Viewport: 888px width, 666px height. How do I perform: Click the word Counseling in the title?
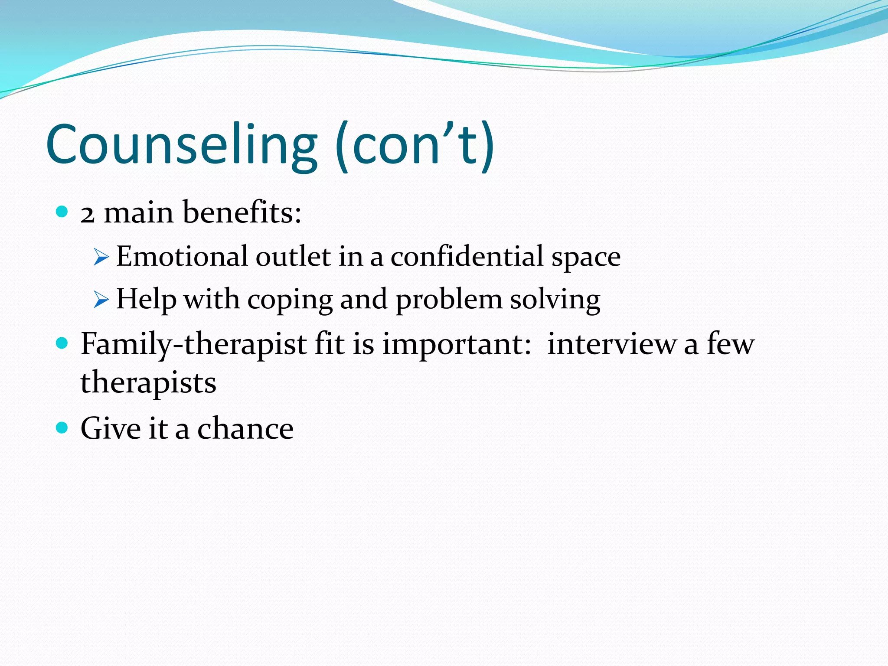click(181, 144)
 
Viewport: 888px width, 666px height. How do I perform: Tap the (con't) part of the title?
click(415, 144)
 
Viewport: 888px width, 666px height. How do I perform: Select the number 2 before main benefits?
click(87, 214)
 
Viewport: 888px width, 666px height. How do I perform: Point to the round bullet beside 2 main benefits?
click(62, 212)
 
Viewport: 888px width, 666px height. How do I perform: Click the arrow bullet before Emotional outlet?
click(101, 257)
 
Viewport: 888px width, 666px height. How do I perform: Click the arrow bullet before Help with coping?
click(101, 300)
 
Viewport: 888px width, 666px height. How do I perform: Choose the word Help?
click(146, 299)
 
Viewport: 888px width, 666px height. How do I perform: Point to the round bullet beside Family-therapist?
click(62, 344)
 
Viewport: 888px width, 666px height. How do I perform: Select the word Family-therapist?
click(193, 345)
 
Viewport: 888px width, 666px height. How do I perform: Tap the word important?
click(457, 345)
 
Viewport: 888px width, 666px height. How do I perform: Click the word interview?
click(611, 344)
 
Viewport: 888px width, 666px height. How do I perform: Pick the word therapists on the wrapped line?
click(148, 383)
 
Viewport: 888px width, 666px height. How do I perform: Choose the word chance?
click(245, 428)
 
